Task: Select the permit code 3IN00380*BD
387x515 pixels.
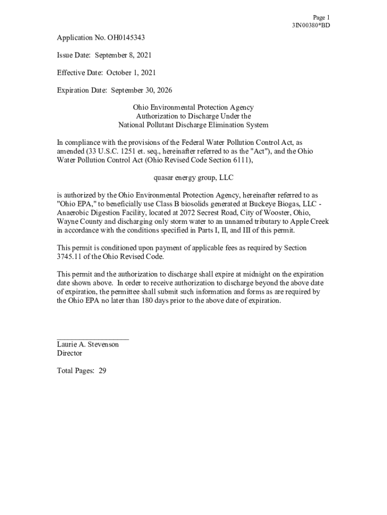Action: [311, 25]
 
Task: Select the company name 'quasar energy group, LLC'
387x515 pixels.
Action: [193, 178]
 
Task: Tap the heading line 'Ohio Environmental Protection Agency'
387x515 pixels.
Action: [193, 107]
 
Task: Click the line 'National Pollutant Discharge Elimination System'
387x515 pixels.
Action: [193, 125]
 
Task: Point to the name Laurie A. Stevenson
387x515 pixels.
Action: [88, 345]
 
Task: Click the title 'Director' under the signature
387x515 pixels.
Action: [70, 353]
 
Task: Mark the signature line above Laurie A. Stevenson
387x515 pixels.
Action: [93, 339]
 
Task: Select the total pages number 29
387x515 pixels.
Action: [103, 371]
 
